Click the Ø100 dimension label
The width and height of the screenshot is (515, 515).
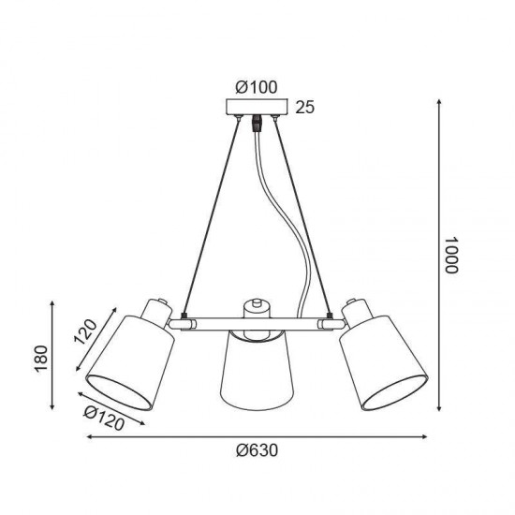(257, 87)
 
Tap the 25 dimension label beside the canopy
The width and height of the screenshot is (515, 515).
(305, 107)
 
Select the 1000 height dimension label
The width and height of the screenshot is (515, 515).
(450, 256)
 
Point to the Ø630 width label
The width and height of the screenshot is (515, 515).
(257, 450)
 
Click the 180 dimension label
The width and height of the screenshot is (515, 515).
(41, 359)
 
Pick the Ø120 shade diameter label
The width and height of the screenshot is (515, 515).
(104, 419)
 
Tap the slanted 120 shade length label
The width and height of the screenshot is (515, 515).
(85, 331)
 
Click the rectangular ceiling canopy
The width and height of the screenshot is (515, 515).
(257, 107)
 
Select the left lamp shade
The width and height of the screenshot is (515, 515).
(130, 362)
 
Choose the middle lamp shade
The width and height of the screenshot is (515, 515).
(257, 371)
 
